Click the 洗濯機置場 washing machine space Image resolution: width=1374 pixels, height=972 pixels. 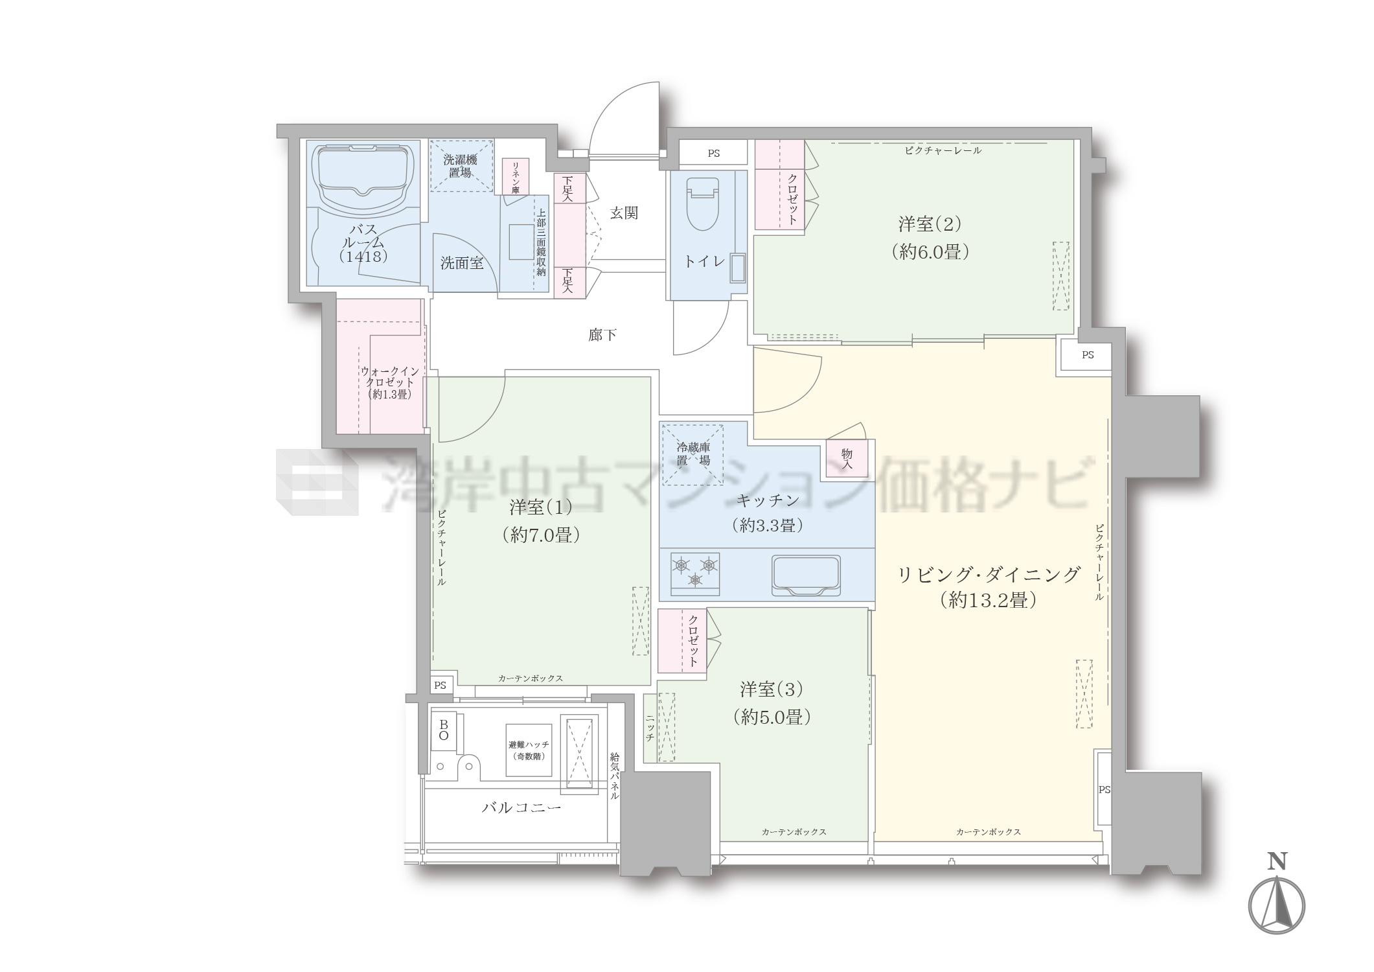461,166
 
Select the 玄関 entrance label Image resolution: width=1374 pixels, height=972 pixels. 624,213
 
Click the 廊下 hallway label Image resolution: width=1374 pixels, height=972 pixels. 602,335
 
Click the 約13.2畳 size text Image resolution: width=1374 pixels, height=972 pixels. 988,601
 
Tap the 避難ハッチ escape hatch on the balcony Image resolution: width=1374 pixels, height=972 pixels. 529,750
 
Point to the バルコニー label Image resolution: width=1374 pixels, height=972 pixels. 521,807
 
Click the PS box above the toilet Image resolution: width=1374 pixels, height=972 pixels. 713,154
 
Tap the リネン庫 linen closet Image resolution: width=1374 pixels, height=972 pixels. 516,178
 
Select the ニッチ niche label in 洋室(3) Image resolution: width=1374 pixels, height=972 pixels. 649,728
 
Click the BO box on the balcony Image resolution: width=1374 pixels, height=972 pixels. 444,730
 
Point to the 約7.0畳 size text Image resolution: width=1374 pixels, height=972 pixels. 540,535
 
